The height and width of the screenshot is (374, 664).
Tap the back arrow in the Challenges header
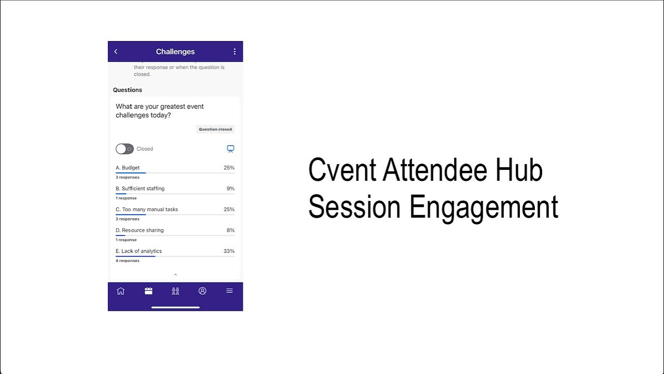point(116,51)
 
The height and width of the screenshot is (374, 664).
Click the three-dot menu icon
point(234,51)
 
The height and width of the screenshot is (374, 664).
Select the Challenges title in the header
point(175,51)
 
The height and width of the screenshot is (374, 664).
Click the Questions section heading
point(128,90)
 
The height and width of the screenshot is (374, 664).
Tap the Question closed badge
point(215,129)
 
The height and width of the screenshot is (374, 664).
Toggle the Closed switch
point(125,149)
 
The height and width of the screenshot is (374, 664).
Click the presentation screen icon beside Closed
point(231,149)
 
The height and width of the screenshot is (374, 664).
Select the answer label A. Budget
point(128,168)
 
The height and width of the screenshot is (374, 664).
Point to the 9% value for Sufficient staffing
point(230,189)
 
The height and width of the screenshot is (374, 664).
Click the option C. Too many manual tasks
point(147,209)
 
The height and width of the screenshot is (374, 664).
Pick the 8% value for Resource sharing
point(230,230)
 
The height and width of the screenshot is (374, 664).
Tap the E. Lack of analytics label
point(139,251)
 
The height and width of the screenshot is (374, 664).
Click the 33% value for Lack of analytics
point(229,251)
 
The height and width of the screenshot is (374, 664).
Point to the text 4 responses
point(128,261)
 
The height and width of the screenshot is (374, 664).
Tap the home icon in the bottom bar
point(121,291)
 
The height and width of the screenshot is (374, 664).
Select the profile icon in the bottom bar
point(202,291)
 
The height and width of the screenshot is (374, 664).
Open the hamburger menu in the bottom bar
point(229,291)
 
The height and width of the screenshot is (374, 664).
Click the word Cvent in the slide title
point(342,170)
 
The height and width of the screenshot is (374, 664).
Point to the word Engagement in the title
point(483,207)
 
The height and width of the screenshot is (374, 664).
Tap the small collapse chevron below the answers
point(175,274)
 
